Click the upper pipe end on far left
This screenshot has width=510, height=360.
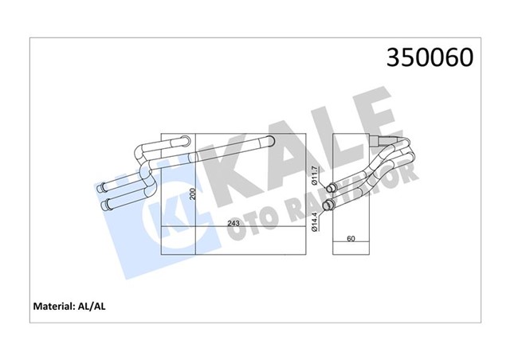click(100, 190)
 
